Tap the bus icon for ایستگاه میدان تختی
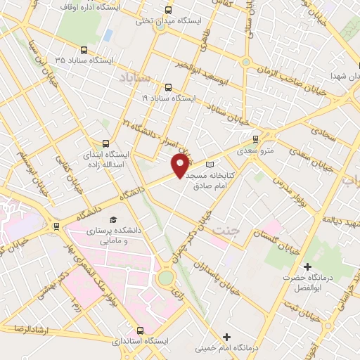pos(167,10)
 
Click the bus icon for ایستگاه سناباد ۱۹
pos(167,88)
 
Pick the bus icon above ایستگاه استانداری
pos(139,330)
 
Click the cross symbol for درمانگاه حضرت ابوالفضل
pos(307,266)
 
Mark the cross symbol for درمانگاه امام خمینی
pos(226,337)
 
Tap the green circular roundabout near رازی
pos(166,278)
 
